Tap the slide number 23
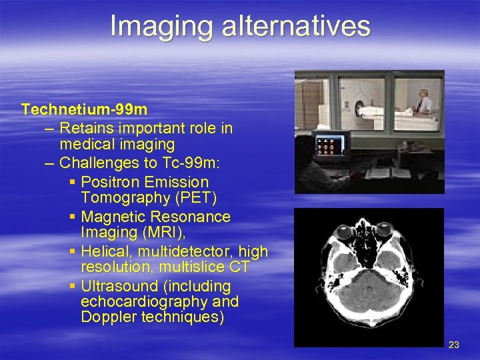tap(454, 345)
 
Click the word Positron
tap(113, 182)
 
